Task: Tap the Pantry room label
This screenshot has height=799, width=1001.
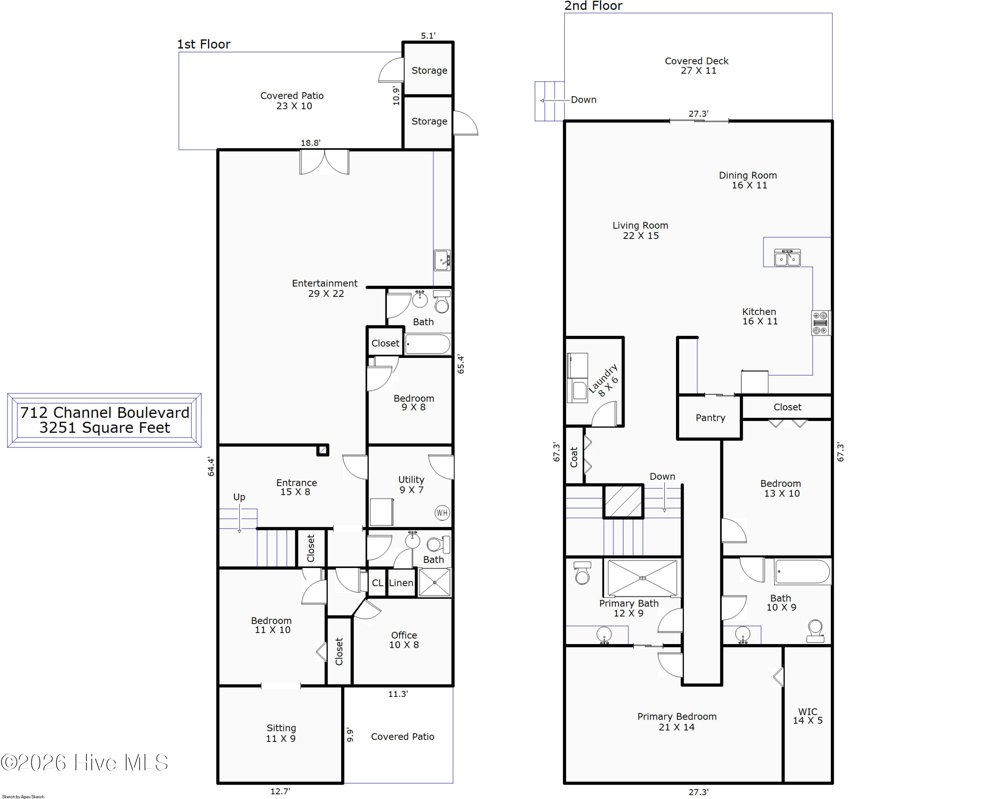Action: [x=710, y=418]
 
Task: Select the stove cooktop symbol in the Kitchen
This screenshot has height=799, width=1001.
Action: [x=820, y=323]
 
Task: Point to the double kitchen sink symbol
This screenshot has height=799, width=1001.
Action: [x=787, y=257]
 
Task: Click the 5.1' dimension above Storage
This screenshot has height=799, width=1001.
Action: [x=428, y=36]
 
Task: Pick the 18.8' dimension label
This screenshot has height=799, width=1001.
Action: [x=311, y=143]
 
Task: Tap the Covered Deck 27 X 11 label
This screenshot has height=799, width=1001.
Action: [x=697, y=65]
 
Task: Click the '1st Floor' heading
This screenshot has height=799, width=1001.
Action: [x=204, y=44]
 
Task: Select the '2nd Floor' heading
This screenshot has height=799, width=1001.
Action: [x=593, y=6]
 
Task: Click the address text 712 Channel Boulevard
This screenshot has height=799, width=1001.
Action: [x=104, y=412]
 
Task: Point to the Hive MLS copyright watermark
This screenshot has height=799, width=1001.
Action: [x=84, y=763]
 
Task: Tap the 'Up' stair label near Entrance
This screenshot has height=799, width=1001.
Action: [x=239, y=497]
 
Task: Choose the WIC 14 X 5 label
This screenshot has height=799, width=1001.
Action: [x=807, y=716]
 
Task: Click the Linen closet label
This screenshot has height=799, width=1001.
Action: [x=401, y=583]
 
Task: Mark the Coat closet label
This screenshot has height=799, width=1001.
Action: [x=574, y=457]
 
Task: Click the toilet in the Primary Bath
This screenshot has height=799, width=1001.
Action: [x=582, y=573]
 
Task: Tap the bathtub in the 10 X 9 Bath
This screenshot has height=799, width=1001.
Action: [x=802, y=571]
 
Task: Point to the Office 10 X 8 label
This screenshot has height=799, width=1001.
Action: [x=404, y=640]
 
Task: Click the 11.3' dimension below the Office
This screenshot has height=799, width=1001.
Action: [x=398, y=694]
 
